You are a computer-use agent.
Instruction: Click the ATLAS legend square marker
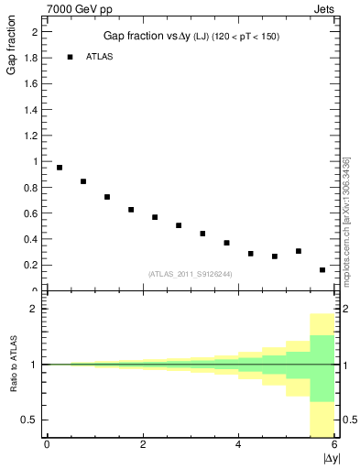point(70,57)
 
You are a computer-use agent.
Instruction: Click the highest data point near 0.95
point(60,168)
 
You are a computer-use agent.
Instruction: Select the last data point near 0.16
point(322,270)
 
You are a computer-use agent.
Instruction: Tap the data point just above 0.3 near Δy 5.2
point(299,251)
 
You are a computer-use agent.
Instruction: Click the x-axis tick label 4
point(238,444)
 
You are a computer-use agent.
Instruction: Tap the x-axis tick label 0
point(47,444)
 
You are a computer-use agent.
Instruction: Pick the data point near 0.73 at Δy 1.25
point(107,197)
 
